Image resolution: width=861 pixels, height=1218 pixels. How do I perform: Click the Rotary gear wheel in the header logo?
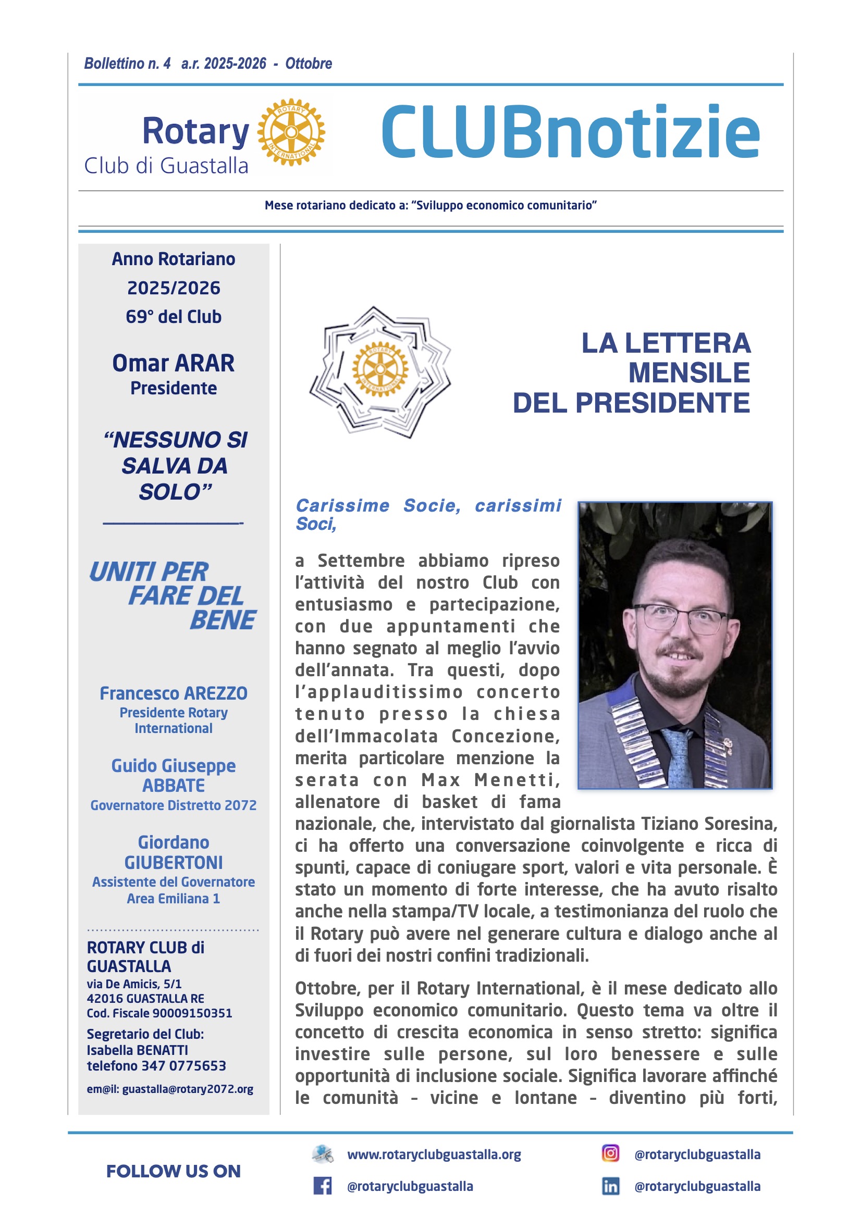291,132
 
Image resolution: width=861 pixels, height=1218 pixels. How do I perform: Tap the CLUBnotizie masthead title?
571,133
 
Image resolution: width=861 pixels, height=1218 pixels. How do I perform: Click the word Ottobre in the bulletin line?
309,64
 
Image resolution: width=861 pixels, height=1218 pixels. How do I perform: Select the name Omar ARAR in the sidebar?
173,364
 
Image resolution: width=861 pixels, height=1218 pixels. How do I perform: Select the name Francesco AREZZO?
173,693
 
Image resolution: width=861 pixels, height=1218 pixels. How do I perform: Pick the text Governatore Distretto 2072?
173,805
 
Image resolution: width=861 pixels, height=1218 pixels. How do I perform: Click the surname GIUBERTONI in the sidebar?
173,863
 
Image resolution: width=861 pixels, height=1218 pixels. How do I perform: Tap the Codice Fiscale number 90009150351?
192,1013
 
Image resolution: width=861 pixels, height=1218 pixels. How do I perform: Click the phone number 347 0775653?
183,1066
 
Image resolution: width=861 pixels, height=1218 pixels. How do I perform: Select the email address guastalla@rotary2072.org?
188,1089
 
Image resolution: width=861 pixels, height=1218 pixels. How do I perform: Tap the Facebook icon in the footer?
322,1186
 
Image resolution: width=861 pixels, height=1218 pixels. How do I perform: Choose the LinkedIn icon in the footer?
610,1186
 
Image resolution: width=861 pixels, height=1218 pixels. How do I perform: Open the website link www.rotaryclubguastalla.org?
434,1155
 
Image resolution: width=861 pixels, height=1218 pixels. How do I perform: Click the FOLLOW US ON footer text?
173,1171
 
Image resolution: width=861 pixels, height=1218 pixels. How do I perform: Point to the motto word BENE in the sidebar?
223,620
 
